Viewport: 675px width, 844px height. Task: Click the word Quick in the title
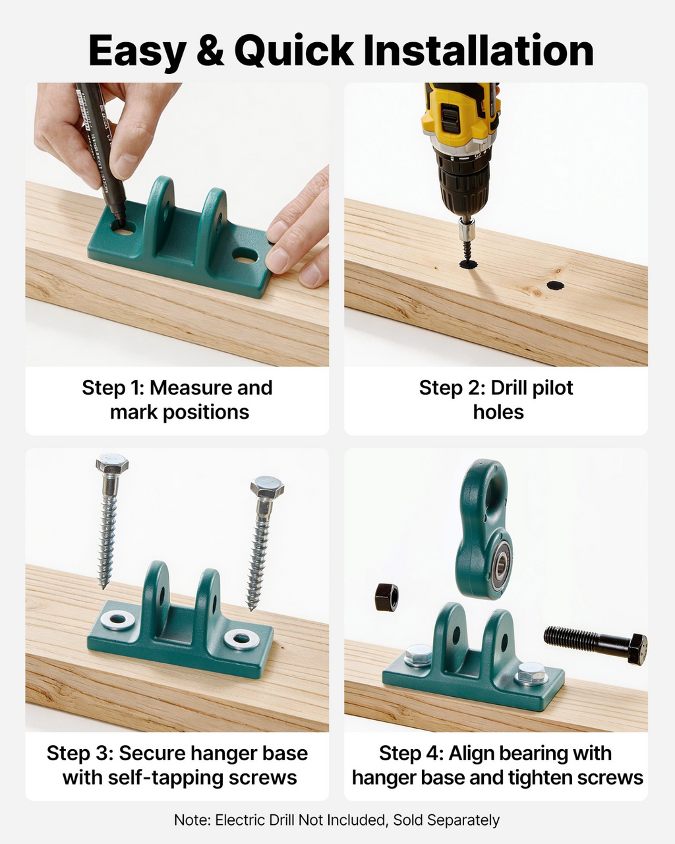(x=294, y=51)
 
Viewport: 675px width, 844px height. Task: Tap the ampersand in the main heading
(x=210, y=51)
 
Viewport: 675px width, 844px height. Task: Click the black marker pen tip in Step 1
(x=119, y=221)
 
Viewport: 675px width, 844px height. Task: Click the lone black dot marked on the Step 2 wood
(x=555, y=286)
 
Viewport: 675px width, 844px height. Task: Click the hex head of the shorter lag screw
(x=267, y=487)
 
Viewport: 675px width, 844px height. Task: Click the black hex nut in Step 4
(x=386, y=597)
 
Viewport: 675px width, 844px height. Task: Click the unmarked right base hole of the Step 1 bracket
(x=245, y=256)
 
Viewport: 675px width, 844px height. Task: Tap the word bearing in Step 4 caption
(x=535, y=754)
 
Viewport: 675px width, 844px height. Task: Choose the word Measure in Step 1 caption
(x=191, y=388)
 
